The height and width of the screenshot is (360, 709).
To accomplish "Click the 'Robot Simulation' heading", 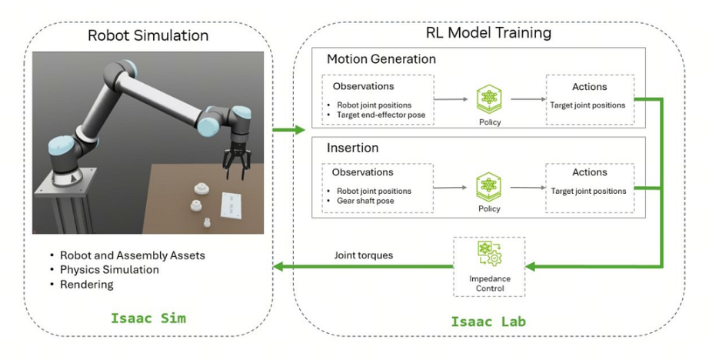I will (x=148, y=35).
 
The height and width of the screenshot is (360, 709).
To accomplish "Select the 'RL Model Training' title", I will (x=488, y=33).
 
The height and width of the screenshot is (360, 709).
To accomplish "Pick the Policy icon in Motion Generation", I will (x=488, y=99).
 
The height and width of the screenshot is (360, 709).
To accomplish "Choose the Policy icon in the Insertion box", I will (x=488, y=185).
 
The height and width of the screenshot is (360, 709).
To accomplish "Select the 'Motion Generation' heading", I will (x=381, y=59).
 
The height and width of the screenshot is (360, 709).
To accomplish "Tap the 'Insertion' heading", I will (x=353, y=146).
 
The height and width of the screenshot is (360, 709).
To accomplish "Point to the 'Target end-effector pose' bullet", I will (x=380, y=115).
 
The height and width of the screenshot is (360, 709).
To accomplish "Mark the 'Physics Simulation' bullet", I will (x=109, y=270).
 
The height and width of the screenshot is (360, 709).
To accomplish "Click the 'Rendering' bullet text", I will (x=86, y=285).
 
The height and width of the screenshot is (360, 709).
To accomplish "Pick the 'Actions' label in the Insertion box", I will (x=590, y=172).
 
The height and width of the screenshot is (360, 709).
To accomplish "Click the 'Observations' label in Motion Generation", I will (x=363, y=86).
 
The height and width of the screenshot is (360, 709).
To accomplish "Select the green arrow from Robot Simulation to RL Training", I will (x=289, y=130).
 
